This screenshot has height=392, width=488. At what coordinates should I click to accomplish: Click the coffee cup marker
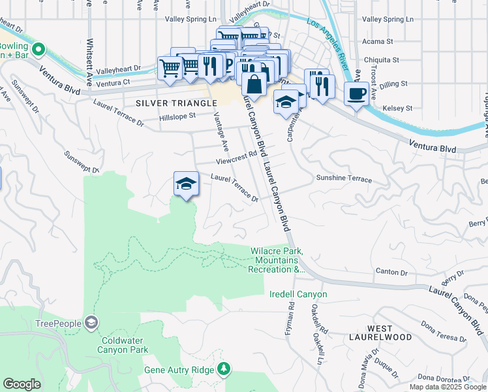[355, 93]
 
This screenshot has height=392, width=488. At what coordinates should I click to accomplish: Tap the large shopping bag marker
[253, 84]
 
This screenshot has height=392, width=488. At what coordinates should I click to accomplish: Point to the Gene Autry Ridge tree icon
[224, 369]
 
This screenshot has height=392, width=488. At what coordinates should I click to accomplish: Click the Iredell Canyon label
[298, 295]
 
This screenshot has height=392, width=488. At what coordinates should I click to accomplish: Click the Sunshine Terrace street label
[344, 178]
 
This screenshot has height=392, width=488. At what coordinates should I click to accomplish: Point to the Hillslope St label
[177, 117]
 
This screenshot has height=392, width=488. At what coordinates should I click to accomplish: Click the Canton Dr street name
[391, 271]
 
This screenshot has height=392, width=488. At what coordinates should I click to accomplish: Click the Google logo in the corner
[22, 384]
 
